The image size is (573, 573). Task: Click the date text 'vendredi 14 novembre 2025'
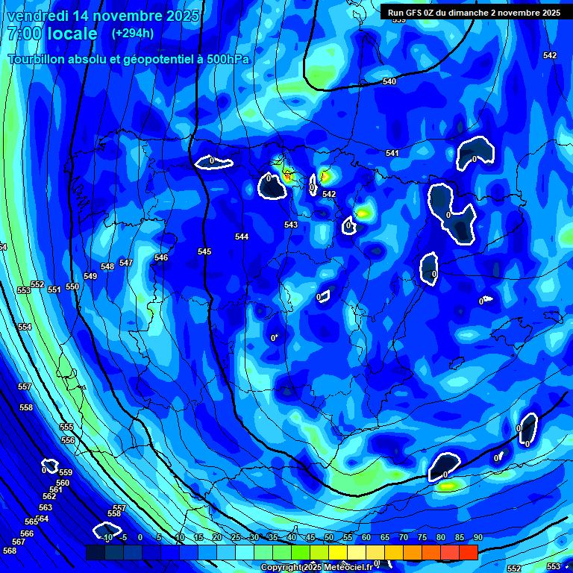pos(103,16)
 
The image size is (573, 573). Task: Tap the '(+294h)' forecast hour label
pos(133,34)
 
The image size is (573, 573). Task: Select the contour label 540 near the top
pos(389,81)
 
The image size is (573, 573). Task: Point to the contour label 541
pos(392,153)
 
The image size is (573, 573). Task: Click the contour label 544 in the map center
pos(242,237)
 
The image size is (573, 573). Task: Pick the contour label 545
pos(204,251)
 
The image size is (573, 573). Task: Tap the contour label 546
pos(161,257)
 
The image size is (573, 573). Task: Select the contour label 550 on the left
pos(72,286)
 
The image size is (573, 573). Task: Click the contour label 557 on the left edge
pos(25,386)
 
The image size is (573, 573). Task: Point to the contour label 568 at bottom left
pos(10,551)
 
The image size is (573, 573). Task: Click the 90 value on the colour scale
pos(477,537)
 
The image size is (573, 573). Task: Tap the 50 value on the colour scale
pos(328,537)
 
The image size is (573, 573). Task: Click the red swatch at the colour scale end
pos(468,552)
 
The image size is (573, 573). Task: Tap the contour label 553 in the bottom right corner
pos(554,566)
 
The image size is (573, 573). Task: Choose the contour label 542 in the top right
pos(550,56)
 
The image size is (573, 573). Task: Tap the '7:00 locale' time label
pos(52,34)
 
